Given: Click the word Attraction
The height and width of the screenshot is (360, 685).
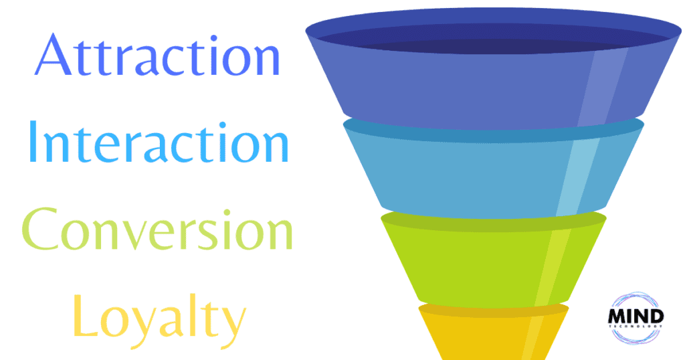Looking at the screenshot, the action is (157, 55).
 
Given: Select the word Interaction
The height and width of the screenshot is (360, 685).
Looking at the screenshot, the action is (158, 142).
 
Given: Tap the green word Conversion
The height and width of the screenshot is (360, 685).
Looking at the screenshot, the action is (157, 229).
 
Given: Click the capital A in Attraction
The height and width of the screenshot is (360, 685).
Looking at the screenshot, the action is (54, 55).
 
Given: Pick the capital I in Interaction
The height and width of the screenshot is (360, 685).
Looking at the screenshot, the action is (32, 142).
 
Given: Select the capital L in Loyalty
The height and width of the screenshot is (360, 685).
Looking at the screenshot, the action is (84, 315).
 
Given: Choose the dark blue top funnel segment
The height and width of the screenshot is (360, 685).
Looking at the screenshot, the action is (494, 70).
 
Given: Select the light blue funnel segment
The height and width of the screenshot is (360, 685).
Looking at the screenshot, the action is (494, 171).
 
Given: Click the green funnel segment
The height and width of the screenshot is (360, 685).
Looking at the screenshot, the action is (494, 260).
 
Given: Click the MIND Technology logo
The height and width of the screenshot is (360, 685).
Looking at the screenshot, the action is (635, 318).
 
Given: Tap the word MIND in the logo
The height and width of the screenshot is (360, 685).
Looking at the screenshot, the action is (635, 317).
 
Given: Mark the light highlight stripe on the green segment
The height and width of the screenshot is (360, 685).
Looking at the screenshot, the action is (553, 266).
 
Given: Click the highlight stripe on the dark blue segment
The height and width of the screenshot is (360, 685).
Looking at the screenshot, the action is (603, 88).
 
